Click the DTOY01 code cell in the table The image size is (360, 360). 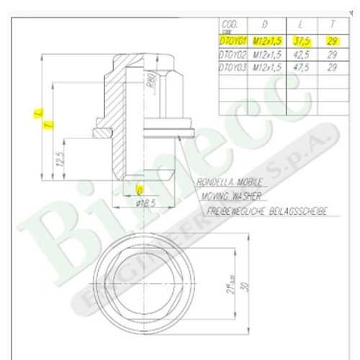click(233, 42)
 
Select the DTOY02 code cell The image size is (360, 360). click(233, 54)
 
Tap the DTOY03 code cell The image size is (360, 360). click(233, 66)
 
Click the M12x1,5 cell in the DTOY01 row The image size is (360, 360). click(264, 42)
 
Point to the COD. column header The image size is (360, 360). click(230, 24)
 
